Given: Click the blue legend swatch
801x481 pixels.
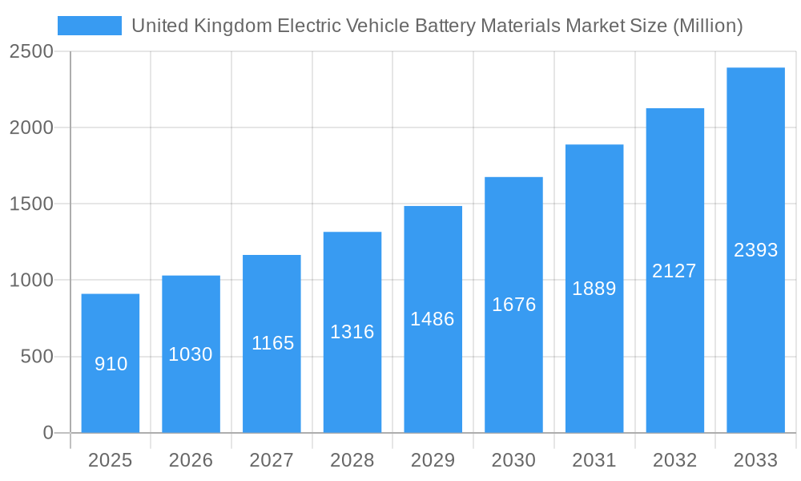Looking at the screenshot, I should pos(89,26).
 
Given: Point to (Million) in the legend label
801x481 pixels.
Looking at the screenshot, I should pos(708,26).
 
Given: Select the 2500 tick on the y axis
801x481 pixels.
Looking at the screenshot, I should pos(31,51).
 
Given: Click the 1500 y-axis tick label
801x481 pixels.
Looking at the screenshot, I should pos(31,204).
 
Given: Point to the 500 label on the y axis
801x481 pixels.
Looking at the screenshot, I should pos(37,356).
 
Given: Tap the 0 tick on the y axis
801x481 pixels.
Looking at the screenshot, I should pos(47,433).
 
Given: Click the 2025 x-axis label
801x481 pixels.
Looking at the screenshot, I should pos(110,460).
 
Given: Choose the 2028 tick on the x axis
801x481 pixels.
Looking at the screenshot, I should pos(352,460).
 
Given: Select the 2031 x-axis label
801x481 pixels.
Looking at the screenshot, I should pos(594,460).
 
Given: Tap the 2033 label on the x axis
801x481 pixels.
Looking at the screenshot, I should pos(755,460).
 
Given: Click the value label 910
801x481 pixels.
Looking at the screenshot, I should pos(111,364).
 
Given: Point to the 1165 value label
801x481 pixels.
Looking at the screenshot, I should pos(272,343).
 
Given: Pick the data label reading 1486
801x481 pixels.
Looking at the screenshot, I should pos(433,319).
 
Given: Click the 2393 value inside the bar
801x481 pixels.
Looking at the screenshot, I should pos(755,250).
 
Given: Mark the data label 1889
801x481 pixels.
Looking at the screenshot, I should pos(594,289).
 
